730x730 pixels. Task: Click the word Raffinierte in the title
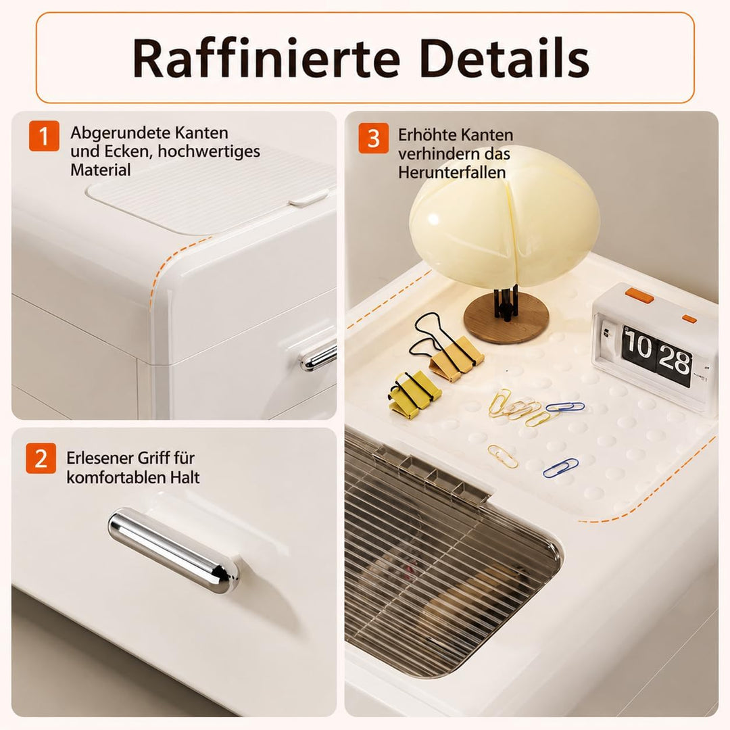[266, 59]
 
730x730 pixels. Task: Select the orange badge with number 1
[44, 136]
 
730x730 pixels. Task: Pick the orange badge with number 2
[41, 458]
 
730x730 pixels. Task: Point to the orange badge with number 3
[373, 138]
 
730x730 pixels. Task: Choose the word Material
[101, 170]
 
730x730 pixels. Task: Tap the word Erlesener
[98, 458]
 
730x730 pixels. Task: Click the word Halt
[185, 477]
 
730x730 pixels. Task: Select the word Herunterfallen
[452, 173]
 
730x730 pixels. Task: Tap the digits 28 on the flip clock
[674, 360]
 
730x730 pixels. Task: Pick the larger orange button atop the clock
[639, 295]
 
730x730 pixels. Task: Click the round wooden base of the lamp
[506, 318]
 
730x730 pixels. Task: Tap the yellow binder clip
[414, 394]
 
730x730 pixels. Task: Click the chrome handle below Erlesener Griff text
[174, 550]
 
